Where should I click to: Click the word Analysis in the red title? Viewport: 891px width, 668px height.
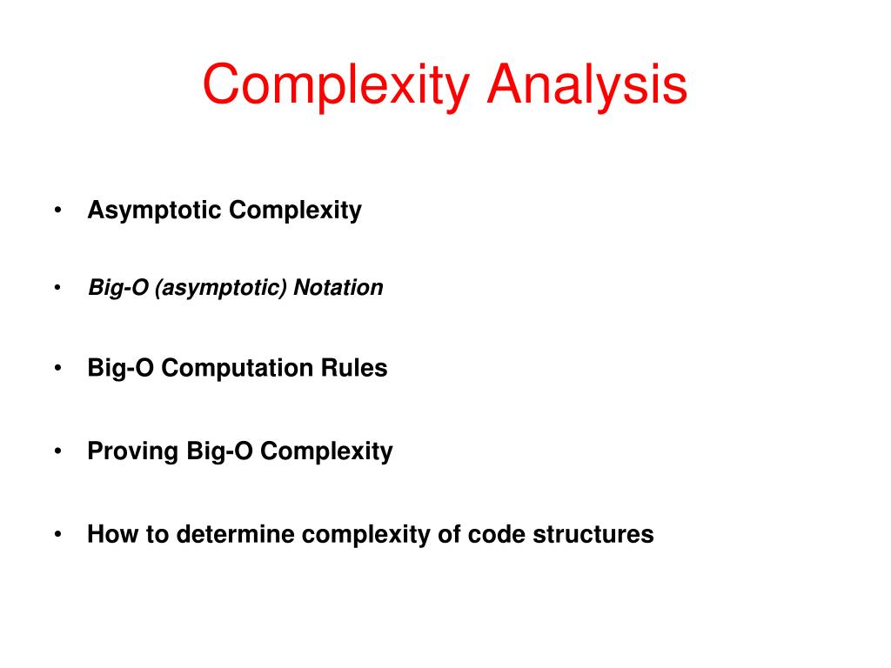[x=587, y=86]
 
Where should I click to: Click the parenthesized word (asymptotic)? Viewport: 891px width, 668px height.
[x=222, y=288]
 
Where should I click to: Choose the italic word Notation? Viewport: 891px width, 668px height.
[x=338, y=288]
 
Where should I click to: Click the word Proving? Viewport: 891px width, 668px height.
[x=133, y=451]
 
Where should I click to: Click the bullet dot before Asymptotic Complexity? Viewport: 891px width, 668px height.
[x=57, y=211]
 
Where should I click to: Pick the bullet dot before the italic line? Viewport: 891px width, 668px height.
[x=57, y=288]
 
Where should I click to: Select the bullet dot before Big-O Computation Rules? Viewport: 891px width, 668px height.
[x=57, y=369]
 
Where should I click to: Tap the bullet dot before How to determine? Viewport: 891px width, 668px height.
[x=57, y=535]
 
